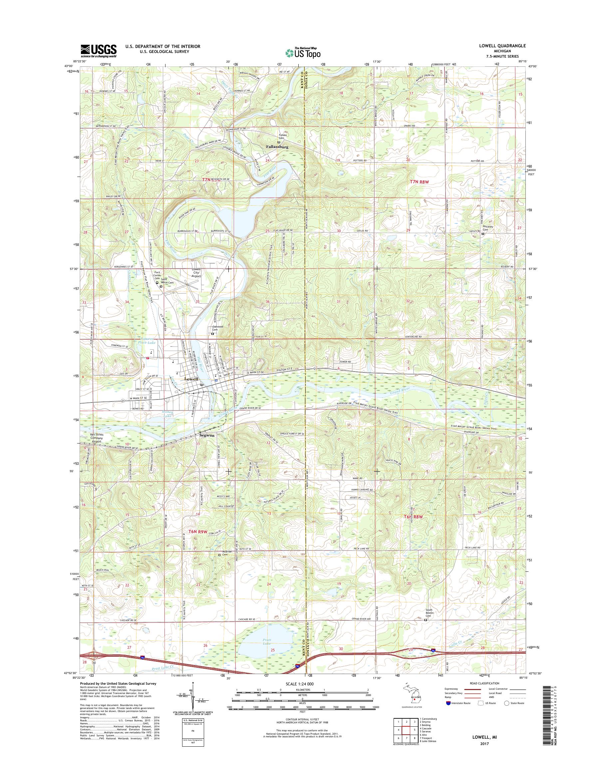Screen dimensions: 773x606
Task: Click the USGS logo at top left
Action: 98,50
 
